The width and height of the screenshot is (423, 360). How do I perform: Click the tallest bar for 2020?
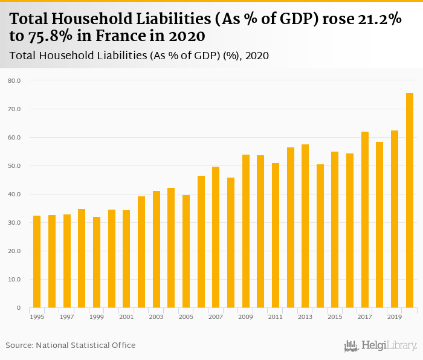point(409,201)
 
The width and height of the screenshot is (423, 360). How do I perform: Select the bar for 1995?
point(37,262)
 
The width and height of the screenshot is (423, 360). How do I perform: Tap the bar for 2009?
point(246,231)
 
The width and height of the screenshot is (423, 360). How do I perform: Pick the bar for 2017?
point(365,220)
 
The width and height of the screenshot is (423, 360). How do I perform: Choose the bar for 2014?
point(320,236)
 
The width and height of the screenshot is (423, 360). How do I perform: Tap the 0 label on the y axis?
point(18,308)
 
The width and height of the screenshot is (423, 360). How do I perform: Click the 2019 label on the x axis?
point(395,317)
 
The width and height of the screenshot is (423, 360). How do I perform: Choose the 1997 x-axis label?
point(66,317)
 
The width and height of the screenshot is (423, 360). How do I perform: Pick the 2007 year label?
point(216,317)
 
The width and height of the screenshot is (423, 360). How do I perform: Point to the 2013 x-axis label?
point(305,317)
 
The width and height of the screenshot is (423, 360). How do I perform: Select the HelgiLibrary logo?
point(379,346)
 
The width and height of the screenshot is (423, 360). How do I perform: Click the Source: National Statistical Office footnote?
point(71,346)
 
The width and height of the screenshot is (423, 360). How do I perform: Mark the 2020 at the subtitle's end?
point(257,56)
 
